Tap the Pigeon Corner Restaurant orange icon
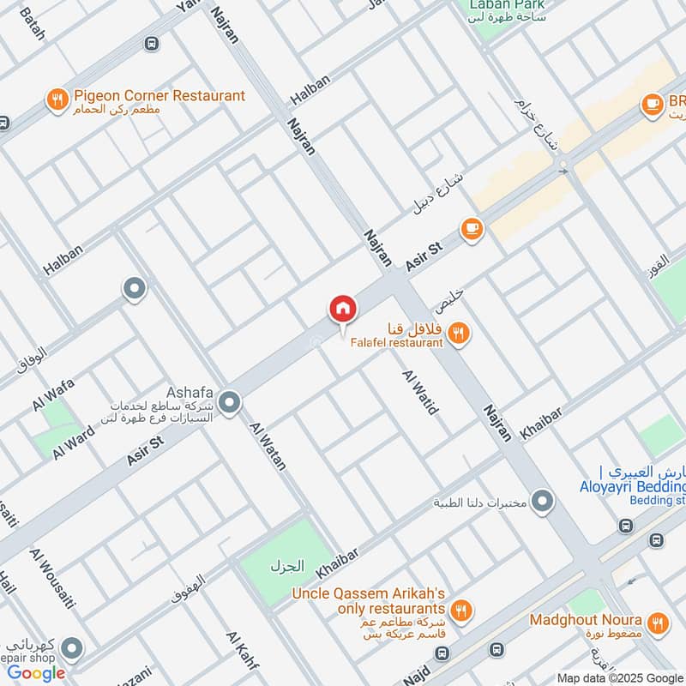coord(57,100)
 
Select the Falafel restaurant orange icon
coord(460,334)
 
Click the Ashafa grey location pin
coord(229,401)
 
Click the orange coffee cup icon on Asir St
coord(472,228)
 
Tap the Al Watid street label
coord(420,392)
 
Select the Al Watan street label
coord(268,445)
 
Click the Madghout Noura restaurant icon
coord(658,622)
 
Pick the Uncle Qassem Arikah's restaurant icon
coord(460,611)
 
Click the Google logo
coord(37,672)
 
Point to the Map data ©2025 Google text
coord(620,677)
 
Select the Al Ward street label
coord(72,441)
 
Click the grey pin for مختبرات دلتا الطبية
coord(542,501)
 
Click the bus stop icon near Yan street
coord(152,43)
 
